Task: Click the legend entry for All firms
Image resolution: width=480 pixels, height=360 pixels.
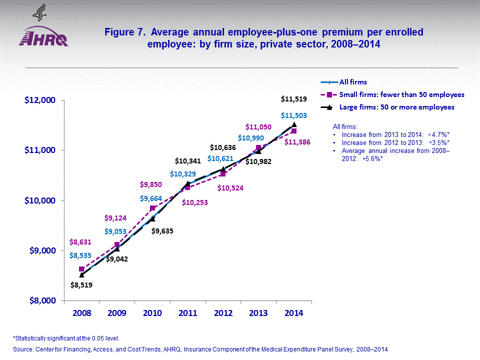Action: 353,82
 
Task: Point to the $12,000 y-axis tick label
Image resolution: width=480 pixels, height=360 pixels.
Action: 39,100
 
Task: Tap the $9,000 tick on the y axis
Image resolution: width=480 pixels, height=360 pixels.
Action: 41,250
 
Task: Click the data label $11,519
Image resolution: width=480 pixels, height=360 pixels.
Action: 294,100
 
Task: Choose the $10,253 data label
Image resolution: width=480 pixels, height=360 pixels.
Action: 195,202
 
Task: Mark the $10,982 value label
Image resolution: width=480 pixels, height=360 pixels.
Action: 259,161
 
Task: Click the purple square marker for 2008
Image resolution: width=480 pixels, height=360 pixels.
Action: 81,269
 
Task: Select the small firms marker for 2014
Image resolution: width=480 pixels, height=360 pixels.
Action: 294,131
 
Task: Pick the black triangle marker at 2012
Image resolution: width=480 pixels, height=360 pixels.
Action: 223,169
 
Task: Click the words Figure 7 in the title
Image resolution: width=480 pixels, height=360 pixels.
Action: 125,32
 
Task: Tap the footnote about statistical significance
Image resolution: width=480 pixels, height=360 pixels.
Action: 66,338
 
